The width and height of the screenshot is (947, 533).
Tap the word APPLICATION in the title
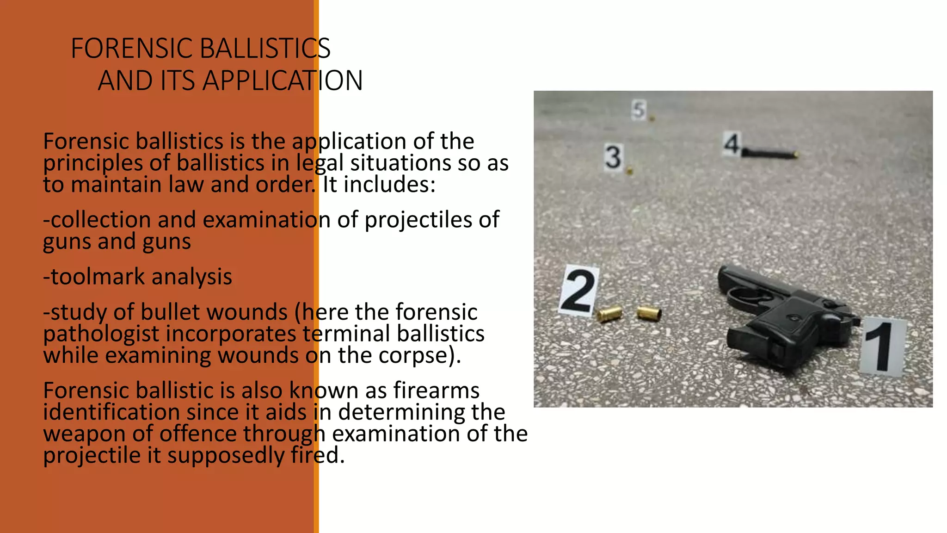[283, 81]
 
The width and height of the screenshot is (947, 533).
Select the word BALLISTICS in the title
[265, 49]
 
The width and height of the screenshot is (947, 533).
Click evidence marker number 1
[882, 346]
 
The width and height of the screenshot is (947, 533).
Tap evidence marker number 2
[578, 291]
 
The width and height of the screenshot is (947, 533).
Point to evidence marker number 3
[613, 157]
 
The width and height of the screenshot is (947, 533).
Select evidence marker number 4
[732, 143]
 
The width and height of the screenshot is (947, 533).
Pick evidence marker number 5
[639, 111]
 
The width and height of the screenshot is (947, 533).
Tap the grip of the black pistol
[758, 342]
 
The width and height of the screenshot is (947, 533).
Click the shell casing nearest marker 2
[609, 314]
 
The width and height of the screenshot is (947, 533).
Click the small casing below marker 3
[629, 172]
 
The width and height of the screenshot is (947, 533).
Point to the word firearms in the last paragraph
[436, 390]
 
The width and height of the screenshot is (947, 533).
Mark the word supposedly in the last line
[226, 456]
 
